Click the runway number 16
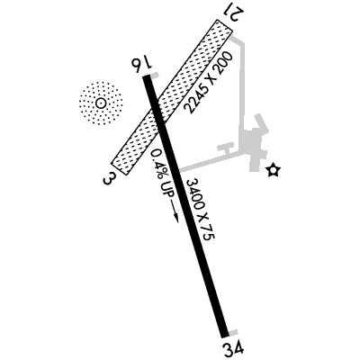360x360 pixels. coord(140,64)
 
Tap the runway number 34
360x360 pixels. coord(233,348)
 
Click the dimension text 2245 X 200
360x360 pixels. coord(209,83)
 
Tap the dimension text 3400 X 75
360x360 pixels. coord(201,209)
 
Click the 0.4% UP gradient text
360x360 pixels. coord(162,174)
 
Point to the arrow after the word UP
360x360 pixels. coord(174,211)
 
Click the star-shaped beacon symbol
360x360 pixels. coord(274,170)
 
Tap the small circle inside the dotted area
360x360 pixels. coord(100,103)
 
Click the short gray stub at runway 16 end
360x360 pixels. coord(154,75)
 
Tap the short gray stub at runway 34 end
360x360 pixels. coord(233,333)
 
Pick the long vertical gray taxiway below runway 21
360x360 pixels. coord(242,88)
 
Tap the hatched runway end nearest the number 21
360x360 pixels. coord(225,25)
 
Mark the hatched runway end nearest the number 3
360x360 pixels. coord(120,168)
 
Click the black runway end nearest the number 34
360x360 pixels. coord(224,337)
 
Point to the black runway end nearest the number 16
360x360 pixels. coord(146,76)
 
